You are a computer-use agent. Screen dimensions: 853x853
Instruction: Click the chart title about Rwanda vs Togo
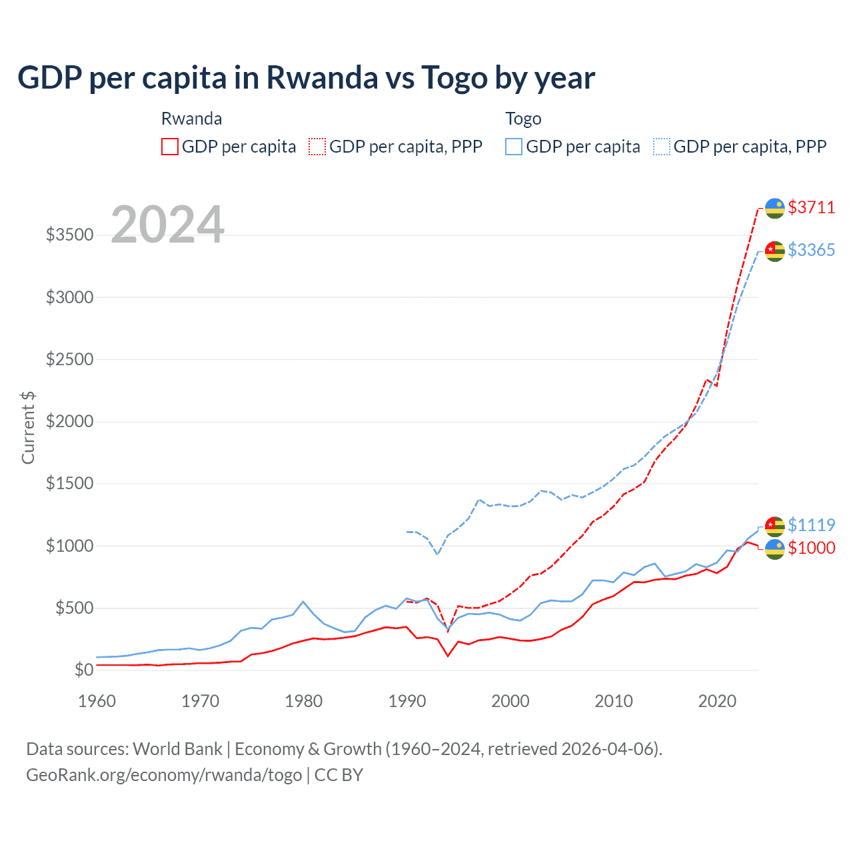tap(306, 78)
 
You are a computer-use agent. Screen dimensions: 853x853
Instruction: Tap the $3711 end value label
tap(811, 207)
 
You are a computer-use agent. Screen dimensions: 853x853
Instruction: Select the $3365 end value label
tap(811, 250)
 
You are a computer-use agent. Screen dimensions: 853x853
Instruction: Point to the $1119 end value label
tap(811, 525)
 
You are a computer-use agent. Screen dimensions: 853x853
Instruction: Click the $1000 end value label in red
tap(811, 548)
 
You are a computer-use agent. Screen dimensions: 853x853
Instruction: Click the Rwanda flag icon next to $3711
tap(774, 208)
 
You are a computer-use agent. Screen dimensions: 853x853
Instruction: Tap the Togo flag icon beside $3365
tap(774, 251)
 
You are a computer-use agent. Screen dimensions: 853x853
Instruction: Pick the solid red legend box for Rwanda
tap(170, 147)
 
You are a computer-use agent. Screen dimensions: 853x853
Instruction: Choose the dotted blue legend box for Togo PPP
tap(662, 147)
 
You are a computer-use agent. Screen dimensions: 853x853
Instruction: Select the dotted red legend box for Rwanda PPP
tap(318, 147)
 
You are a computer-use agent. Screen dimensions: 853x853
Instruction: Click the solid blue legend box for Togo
tap(514, 147)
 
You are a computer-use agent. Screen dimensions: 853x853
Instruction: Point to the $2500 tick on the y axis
tap(69, 359)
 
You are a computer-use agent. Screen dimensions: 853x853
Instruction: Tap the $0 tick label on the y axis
tap(83, 670)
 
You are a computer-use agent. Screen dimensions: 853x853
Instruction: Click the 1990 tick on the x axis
tap(407, 701)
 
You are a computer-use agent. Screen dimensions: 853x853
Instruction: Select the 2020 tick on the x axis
tap(717, 701)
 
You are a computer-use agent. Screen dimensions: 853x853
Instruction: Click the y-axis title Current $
tap(28, 428)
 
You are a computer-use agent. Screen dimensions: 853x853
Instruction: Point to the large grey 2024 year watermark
tap(167, 225)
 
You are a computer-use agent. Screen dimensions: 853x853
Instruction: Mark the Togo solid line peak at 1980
tap(303, 602)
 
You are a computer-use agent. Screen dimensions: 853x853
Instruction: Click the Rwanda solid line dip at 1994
tap(448, 656)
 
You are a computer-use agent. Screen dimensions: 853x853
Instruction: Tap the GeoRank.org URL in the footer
tap(164, 775)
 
